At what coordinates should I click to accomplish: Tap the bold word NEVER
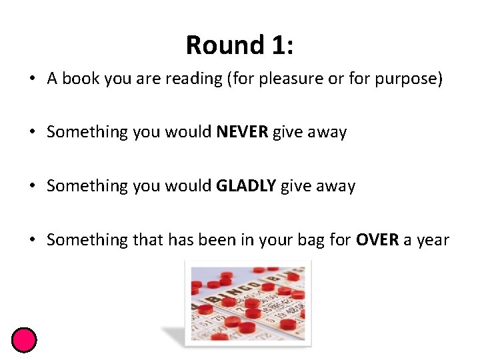pos(242,132)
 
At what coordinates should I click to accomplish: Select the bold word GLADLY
pos(246,186)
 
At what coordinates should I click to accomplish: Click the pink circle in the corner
pos(24,340)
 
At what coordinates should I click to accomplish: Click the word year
pos(433,239)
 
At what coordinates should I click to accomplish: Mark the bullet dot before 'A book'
pos(33,79)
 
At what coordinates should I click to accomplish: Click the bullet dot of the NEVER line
pos(33,132)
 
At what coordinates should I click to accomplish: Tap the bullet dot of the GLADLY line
pos(33,186)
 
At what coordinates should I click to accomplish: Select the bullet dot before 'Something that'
pos(33,239)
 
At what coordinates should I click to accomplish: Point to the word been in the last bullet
pos(201,239)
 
